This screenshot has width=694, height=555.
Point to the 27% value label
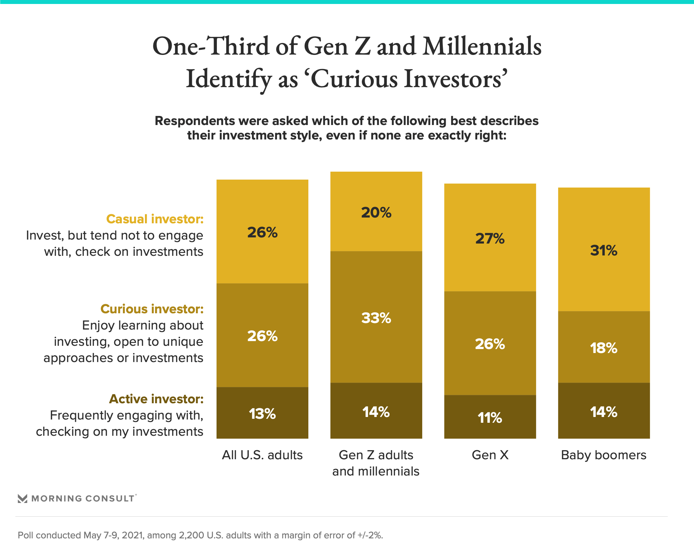point(490,238)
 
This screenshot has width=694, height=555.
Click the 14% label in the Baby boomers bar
point(604,412)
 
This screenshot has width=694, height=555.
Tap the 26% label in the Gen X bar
point(490,344)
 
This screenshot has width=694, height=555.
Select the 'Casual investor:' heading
point(155,219)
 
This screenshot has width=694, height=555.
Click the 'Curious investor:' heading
point(152,309)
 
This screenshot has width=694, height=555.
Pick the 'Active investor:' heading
point(156,399)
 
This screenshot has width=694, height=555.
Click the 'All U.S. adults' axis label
point(262,455)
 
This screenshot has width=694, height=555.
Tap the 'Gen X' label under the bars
point(490,455)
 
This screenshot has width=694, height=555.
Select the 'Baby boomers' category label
point(604,455)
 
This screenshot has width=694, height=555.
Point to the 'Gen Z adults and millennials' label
point(376,463)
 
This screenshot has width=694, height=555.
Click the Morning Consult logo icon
point(22,499)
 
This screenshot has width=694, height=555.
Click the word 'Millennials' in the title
point(482,46)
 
